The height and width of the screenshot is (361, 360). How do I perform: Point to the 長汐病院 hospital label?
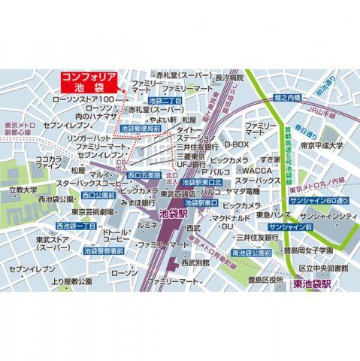point(230,77)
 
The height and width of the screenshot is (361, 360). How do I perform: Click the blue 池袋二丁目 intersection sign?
point(165,100)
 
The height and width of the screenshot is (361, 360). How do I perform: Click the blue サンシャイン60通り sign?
point(318,202)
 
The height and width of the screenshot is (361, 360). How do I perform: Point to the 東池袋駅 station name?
point(308,284)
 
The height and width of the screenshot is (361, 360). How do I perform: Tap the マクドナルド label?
point(224,217)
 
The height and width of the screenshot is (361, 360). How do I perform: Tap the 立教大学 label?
point(23,191)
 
